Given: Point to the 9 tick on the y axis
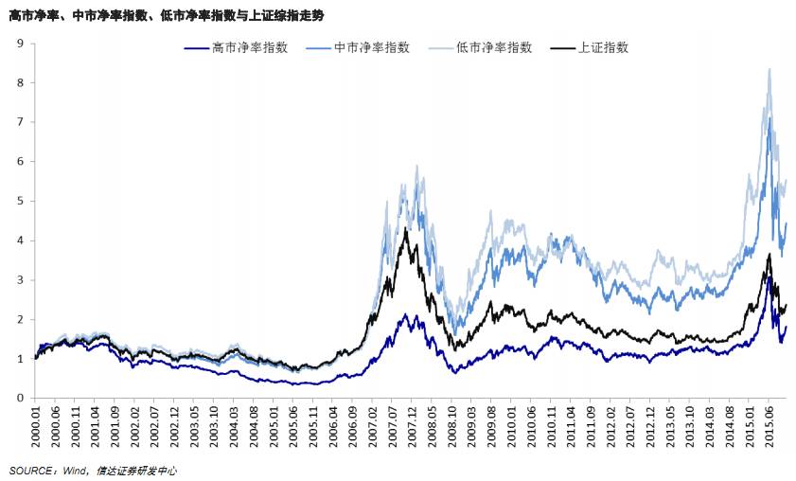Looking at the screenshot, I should [20, 43].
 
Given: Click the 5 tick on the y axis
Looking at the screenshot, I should [20, 201].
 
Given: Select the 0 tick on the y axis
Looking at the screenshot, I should [20, 399].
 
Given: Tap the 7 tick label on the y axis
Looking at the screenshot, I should [20, 121].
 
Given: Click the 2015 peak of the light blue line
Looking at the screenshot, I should [769, 68].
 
